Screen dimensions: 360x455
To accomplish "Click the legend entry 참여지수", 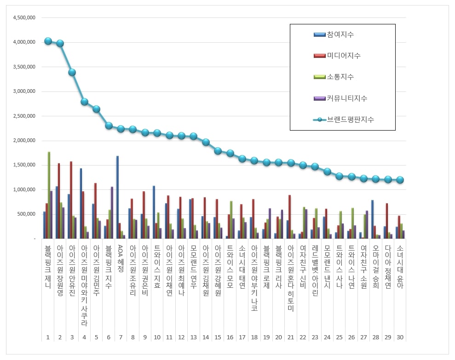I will [340, 35].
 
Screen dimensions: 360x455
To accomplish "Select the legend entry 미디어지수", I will [343, 56].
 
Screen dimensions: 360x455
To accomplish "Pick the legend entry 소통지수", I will [340, 77].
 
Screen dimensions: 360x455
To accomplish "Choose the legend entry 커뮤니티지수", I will [346, 98].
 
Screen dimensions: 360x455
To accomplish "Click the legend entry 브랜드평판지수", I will [350, 120].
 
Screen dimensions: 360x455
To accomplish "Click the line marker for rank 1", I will [48, 41].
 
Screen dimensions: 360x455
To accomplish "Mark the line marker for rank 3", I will [72, 72].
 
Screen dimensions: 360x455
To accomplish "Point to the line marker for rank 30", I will [400, 180].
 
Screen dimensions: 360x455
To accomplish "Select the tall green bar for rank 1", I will [49, 195].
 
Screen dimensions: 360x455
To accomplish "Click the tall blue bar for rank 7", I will [117, 197].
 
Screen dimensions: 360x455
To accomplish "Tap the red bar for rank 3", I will [71, 200].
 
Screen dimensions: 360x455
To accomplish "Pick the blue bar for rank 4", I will [81, 203].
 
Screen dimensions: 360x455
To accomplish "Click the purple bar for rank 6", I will [111, 212].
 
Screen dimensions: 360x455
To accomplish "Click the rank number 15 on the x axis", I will [218, 337].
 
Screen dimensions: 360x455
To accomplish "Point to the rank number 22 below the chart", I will [303, 337].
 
